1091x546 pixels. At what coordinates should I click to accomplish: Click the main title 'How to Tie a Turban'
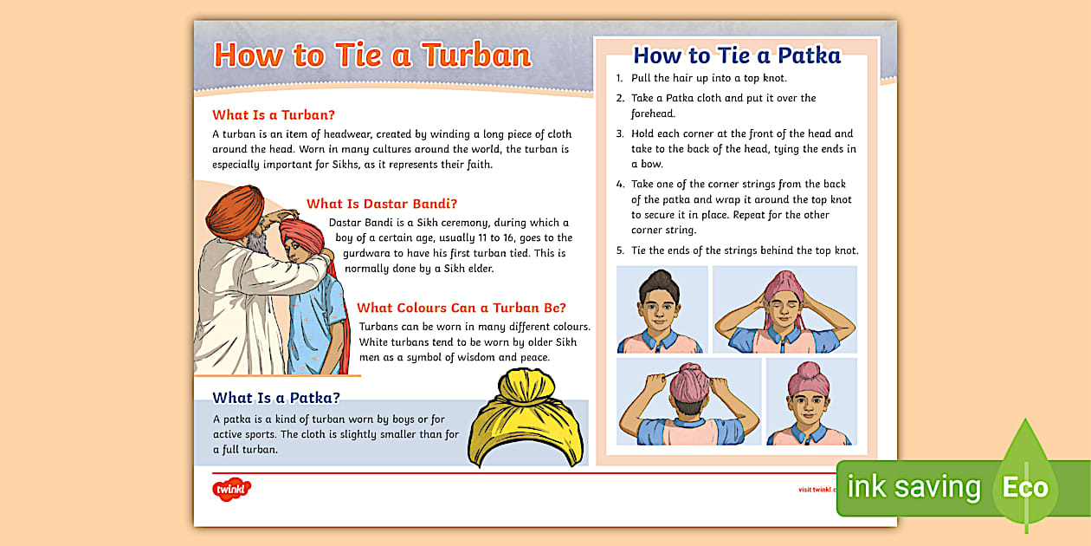coord(372,55)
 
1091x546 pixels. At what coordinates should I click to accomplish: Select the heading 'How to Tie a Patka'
coord(737,55)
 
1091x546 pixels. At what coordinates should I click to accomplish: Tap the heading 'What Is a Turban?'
coord(274,115)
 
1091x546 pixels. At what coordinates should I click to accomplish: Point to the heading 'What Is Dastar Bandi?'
coord(382,205)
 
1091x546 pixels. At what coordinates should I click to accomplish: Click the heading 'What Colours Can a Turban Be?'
coord(462,308)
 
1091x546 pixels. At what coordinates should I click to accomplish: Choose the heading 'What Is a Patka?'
coord(276,398)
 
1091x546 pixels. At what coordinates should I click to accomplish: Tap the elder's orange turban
coord(235,211)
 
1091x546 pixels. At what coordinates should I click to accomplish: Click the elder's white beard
coord(258,247)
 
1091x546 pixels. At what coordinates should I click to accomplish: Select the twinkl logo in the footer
coord(231,490)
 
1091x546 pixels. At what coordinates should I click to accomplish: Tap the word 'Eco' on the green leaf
coord(1025,488)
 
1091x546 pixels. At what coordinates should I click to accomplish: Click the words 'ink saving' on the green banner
coord(913,488)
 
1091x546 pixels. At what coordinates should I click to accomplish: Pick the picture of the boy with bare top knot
coord(662,309)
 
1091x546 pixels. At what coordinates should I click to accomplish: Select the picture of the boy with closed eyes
coord(784,309)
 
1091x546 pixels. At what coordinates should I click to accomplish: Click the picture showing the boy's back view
coord(688,401)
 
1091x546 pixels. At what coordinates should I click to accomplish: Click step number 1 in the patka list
coord(619,79)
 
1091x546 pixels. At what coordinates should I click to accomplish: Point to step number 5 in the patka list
coord(619,251)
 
